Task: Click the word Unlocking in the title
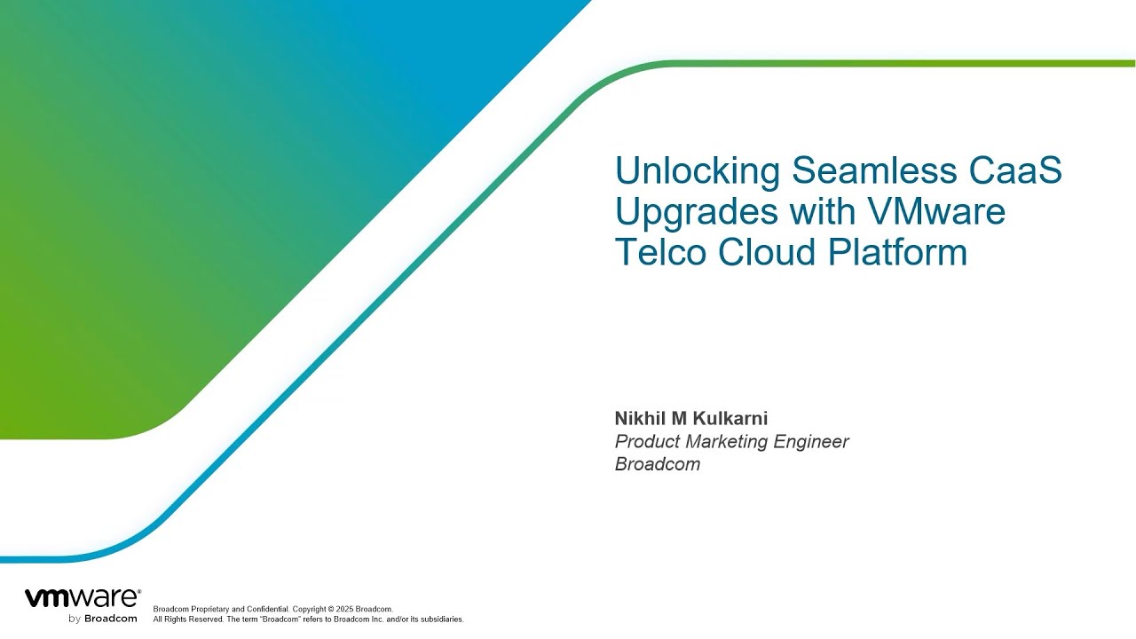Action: coord(698,171)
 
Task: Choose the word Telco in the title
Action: coord(660,252)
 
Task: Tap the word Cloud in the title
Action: coord(768,252)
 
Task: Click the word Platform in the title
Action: coord(897,252)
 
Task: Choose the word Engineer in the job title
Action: coord(811,442)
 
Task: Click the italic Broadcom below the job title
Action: coord(658,464)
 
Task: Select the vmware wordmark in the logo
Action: coord(82,597)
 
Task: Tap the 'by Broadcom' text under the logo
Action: coord(102,618)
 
